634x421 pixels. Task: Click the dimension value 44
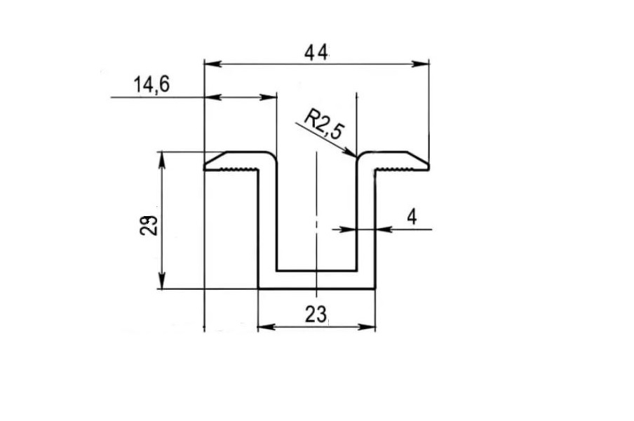[316, 53]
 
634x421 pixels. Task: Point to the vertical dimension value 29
[149, 225]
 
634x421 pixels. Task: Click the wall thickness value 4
[412, 218]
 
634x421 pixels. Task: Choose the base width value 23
[316, 314]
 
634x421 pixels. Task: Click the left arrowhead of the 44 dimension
[213, 64]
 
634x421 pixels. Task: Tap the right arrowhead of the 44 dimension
[420, 64]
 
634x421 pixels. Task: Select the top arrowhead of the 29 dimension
[162, 160]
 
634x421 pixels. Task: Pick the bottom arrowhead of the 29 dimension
[162, 281]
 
